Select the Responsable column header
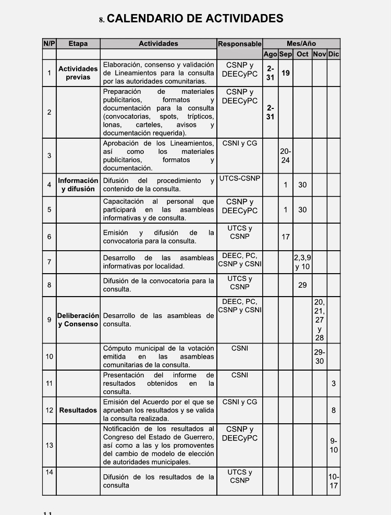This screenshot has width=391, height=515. point(239,44)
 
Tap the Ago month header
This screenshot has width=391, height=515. point(270,54)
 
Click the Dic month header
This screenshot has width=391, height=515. point(334,54)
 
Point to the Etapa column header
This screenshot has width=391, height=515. point(78,44)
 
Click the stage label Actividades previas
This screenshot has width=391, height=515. point(78,73)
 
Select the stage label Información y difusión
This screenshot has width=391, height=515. point(78,185)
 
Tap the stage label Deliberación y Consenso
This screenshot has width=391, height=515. point(78,320)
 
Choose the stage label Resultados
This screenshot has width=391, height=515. point(78,410)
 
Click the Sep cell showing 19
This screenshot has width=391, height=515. point(286,73)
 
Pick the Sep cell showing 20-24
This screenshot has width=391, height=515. point(285,155)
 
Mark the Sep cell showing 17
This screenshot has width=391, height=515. point(286,237)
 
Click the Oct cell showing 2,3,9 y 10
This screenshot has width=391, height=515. point(302,262)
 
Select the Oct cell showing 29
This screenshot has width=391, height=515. point(302,285)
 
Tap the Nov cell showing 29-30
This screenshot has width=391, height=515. point(320,357)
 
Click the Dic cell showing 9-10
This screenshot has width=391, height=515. point(334,445)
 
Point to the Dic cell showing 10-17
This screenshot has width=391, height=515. point(334,481)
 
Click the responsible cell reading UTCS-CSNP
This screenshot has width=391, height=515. point(240,179)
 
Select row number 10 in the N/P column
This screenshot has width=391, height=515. point(49,357)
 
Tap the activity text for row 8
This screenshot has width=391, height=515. point(158,285)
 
